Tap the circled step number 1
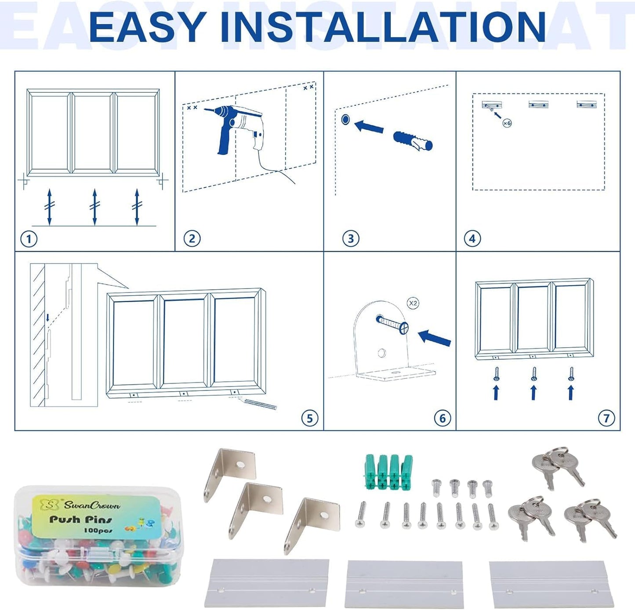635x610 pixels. coord(29,240)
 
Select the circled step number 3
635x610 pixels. coord(351,239)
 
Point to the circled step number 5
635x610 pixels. coord(309,418)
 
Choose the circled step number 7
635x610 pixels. coord(606,418)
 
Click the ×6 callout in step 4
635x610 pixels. coord(507,123)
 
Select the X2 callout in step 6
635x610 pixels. coord(413,303)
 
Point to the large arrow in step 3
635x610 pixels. coord(369,126)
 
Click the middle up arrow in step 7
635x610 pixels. coord(533,393)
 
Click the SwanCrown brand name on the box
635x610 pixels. coord(91,505)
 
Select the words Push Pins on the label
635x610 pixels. coord(80,519)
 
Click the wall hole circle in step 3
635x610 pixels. coord(345,119)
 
